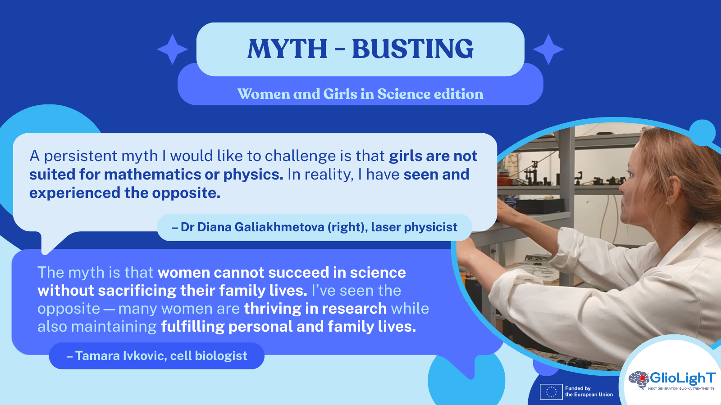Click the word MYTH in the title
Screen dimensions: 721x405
(x=287, y=49)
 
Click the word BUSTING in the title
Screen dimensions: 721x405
(x=413, y=49)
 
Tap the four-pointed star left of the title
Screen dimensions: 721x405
(x=173, y=49)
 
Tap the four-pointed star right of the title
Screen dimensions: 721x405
(x=548, y=49)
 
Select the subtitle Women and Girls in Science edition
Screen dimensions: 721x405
(x=360, y=94)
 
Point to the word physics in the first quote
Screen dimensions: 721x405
(x=253, y=175)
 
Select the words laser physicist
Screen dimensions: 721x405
(x=414, y=227)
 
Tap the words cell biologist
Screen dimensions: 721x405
(x=209, y=356)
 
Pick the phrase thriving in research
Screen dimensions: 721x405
(x=315, y=308)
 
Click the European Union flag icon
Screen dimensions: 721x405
(x=551, y=391)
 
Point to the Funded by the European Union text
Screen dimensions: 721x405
(x=589, y=391)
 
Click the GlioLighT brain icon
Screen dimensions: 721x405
(x=639, y=380)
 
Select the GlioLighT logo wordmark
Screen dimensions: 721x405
(x=683, y=378)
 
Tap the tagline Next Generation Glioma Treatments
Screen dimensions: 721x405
(x=681, y=389)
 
